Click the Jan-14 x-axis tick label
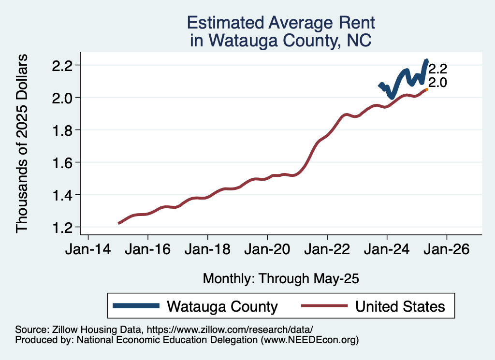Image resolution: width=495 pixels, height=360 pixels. coord(87,251)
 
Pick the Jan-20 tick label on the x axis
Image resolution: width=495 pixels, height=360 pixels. coord(267,251)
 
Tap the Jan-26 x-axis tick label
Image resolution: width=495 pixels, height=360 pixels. coord(447,251)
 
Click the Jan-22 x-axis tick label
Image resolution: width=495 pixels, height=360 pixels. coord(327,251)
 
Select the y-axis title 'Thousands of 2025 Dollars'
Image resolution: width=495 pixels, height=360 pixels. coord(22,144)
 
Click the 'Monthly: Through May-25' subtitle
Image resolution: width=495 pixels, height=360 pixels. coord(281,278)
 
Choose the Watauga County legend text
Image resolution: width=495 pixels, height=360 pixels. coord(222,306)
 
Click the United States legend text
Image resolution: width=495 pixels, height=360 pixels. coord(400,306)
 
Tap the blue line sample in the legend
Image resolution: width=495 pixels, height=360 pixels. coord(136,306)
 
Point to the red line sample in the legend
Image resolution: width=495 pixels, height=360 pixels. coord(323,306)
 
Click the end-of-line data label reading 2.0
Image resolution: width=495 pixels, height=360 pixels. coord(437,83)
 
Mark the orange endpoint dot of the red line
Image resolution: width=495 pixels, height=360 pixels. coord(426,89)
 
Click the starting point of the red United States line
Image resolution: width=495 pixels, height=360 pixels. coord(118,223)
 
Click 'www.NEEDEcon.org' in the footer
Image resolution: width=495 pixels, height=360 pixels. coord(309,340)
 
